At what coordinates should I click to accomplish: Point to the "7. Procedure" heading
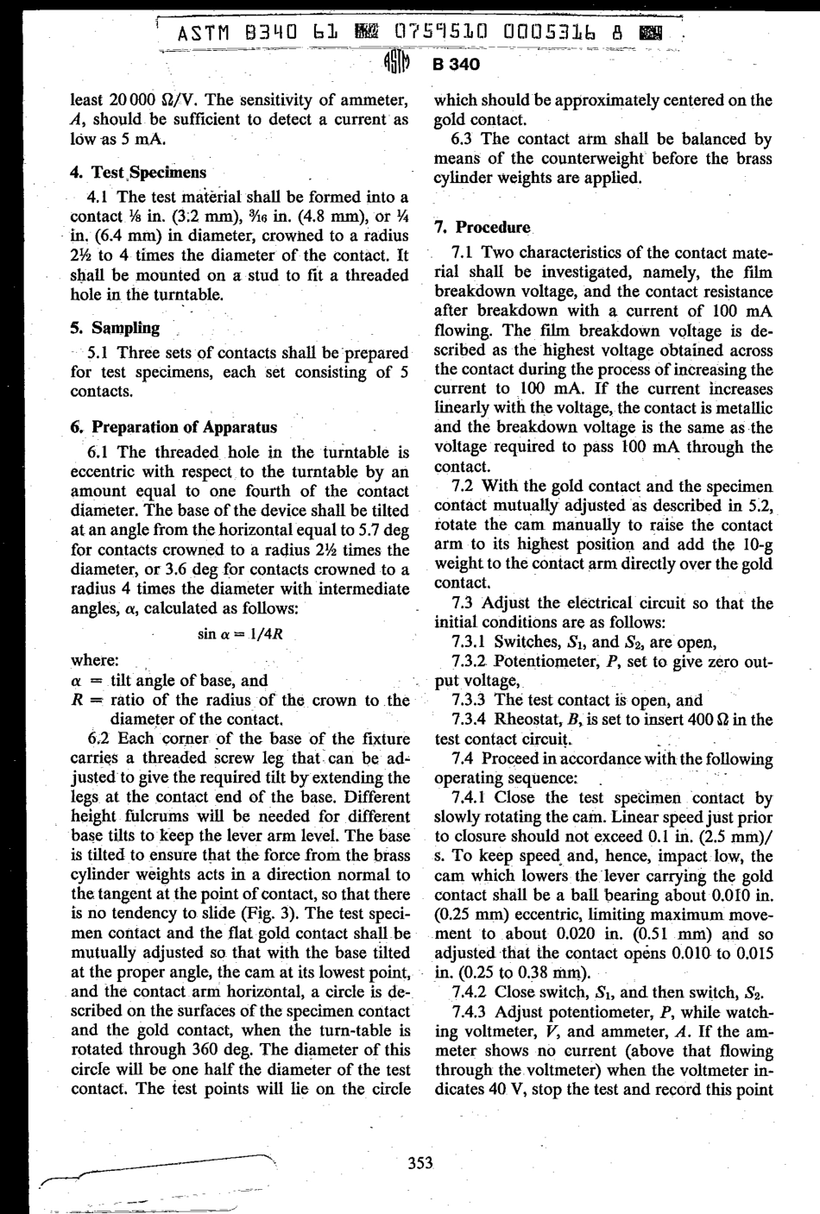(483, 228)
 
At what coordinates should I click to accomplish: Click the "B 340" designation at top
(457, 66)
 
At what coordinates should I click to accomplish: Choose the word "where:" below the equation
(94, 661)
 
